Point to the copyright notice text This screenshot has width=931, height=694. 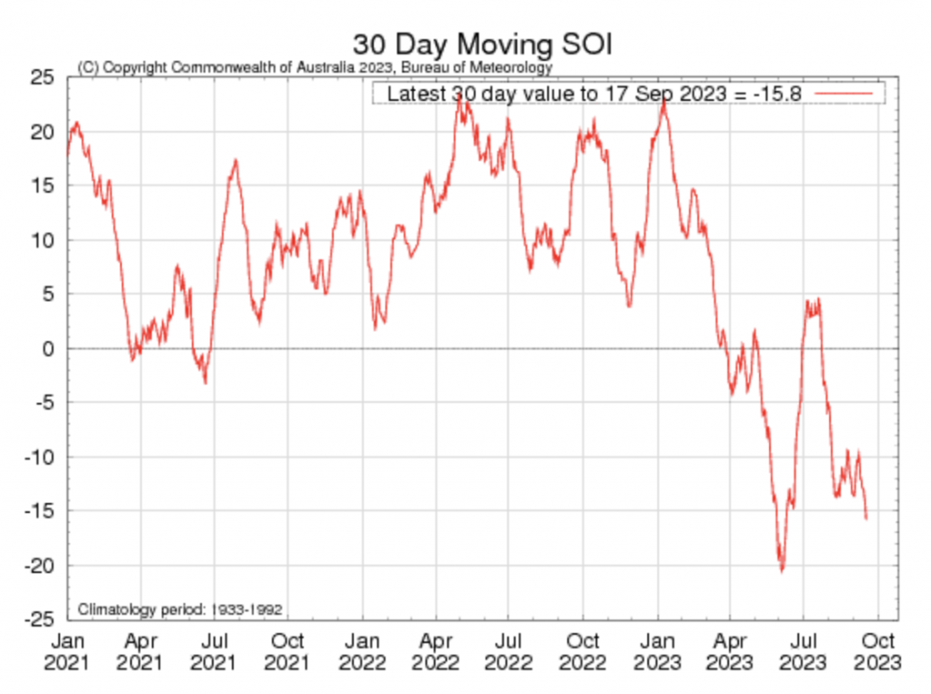pyautogui.click(x=315, y=67)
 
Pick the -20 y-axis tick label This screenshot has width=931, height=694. pyautogui.click(x=40, y=566)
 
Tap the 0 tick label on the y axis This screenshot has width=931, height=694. pyautogui.click(x=49, y=349)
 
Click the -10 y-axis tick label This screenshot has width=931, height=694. pyautogui.click(x=40, y=458)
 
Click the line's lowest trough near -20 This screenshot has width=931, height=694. pyautogui.click(x=781, y=570)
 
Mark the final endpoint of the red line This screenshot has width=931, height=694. pyautogui.click(x=866, y=518)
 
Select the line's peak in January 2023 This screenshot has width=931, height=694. pyautogui.click(x=664, y=101)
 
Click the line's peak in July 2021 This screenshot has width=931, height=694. pyautogui.click(x=235, y=161)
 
